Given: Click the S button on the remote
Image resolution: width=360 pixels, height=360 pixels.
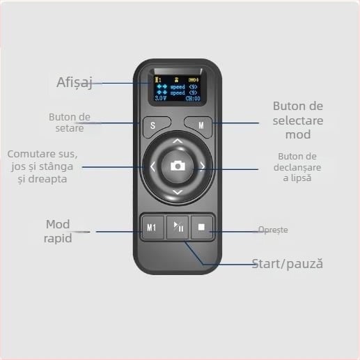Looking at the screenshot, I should click(x=153, y=127).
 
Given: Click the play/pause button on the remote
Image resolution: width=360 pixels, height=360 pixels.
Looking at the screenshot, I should click(x=178, y=227).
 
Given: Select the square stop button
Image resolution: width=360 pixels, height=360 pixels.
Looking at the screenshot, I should click(x=201, y=227).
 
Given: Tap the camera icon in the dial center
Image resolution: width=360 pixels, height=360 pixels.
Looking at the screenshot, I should click(x=178, y=166).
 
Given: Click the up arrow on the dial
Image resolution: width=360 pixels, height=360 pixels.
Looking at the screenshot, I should click(x=178, y=141).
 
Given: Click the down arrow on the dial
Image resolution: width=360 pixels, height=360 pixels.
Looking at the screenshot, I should click(x=178, y=191).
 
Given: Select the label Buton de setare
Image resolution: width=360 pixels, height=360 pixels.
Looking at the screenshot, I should click(x=69, y=122).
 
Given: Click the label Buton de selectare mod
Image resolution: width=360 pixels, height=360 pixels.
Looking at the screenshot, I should click(x=298, y=119).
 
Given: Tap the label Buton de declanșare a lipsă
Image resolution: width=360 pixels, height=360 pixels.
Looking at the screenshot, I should click(x=297, y=166).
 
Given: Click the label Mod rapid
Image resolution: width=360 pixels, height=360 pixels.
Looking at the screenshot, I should click(x=58, y=230).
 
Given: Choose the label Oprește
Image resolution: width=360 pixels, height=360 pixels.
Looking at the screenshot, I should click(x=272, y=230).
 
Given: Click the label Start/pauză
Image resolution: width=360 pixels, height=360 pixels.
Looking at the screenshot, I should click(x=287, y=264).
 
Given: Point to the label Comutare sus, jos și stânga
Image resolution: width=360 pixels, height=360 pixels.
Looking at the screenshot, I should click(x=43, y=166).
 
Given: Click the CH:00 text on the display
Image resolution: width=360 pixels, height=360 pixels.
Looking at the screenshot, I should click(x=191, y=99).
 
